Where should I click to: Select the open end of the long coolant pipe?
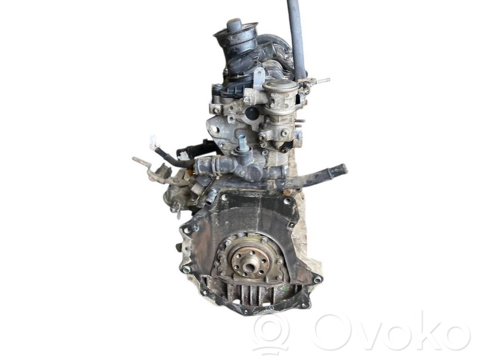pos(343,169)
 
